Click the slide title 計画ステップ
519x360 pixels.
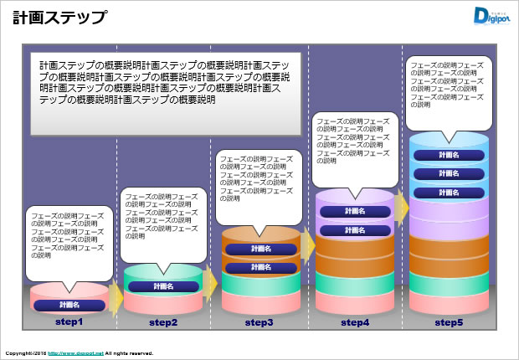[59, 17]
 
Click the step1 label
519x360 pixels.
[69, 322]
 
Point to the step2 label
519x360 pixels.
[163, 322]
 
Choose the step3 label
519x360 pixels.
[259, 322]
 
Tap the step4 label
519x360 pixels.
[354, 322]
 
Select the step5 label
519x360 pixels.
[449, 322]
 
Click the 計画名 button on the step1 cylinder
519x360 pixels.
[69, 305]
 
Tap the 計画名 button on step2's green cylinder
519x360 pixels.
[163, 286]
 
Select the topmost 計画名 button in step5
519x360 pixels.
[449, 155]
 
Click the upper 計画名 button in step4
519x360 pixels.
[354, 211]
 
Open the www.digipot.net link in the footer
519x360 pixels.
[75, 353]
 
